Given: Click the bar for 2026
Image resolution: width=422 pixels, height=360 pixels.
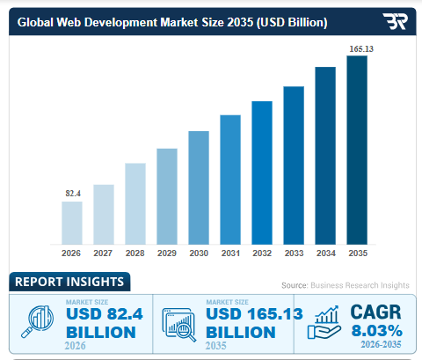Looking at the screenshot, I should tap(71, 223).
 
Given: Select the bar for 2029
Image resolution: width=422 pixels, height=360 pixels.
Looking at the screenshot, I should tap(167, 196).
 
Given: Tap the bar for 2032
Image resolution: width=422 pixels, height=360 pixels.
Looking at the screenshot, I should tap(262, 173).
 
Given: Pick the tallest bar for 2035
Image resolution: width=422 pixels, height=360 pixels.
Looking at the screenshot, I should tap(357, 150).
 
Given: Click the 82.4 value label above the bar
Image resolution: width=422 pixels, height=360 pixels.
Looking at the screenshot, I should tap(72, 193).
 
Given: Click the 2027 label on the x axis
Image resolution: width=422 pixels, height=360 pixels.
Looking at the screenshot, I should tap(103, 253).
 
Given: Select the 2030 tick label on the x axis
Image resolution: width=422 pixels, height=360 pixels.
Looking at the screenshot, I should tap(199, 253).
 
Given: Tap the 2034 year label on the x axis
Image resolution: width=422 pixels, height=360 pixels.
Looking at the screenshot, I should tap(325, 253).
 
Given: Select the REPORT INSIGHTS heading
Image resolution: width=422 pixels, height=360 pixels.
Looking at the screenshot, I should tap(69, 283).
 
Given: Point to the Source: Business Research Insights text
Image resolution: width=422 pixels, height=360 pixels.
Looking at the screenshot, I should tap(345, 286).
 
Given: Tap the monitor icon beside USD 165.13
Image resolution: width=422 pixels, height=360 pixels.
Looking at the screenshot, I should tap(178, 323).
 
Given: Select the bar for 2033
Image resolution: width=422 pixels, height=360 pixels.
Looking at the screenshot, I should tap(294, 165).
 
